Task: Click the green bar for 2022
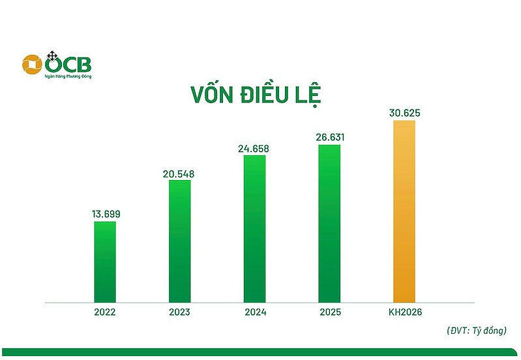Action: point(105,262)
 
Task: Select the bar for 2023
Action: point(180,241)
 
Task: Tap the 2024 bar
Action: point(254,229)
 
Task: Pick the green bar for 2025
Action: point(329,224)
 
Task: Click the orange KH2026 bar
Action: point(404,211)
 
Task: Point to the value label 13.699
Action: point(106,214)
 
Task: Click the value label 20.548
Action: point(179,174)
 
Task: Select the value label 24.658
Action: point(254,149)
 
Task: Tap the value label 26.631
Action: point(330,138)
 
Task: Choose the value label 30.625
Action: point(405,113)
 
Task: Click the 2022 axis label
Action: point(105,312)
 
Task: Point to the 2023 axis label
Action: point(179,312)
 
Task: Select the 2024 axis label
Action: point(256,312)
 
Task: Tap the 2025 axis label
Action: point(331,312)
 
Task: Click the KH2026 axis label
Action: point(405,312)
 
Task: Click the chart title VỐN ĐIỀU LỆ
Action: point(256,95)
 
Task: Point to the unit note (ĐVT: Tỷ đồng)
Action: point(477,331)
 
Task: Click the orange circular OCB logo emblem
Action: point(32,65)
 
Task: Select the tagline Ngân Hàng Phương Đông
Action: point(68,76)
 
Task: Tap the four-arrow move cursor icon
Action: point(52,56)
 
